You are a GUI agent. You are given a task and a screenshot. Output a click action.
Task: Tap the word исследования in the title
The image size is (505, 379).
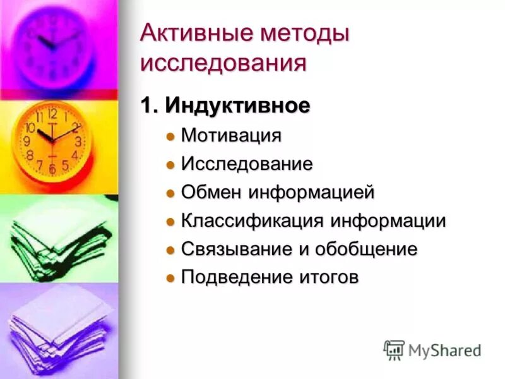pyautogui.click(x=223, y=64)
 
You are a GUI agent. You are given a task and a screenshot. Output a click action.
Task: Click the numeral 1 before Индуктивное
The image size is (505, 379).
pyautogui.click(x=147, y=106)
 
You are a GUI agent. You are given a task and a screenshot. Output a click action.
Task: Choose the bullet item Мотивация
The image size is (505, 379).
pyautogui.click(x=231, y=136)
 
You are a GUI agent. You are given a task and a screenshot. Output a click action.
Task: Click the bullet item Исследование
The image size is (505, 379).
pyautogui.click(x=247, y=164)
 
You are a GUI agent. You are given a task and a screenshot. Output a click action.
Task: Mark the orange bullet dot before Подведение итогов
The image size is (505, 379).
pyautogui.click(x=169, y=279)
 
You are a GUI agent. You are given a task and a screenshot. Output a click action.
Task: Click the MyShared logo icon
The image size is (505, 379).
pyautogui.click(x=394, y=350)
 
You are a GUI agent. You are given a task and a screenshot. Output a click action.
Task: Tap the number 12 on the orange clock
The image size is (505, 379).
pyautogui.click(x=52, y=115)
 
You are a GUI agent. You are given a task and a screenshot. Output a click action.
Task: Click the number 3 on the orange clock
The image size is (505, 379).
pyautogui.click(x=78, y=141)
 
